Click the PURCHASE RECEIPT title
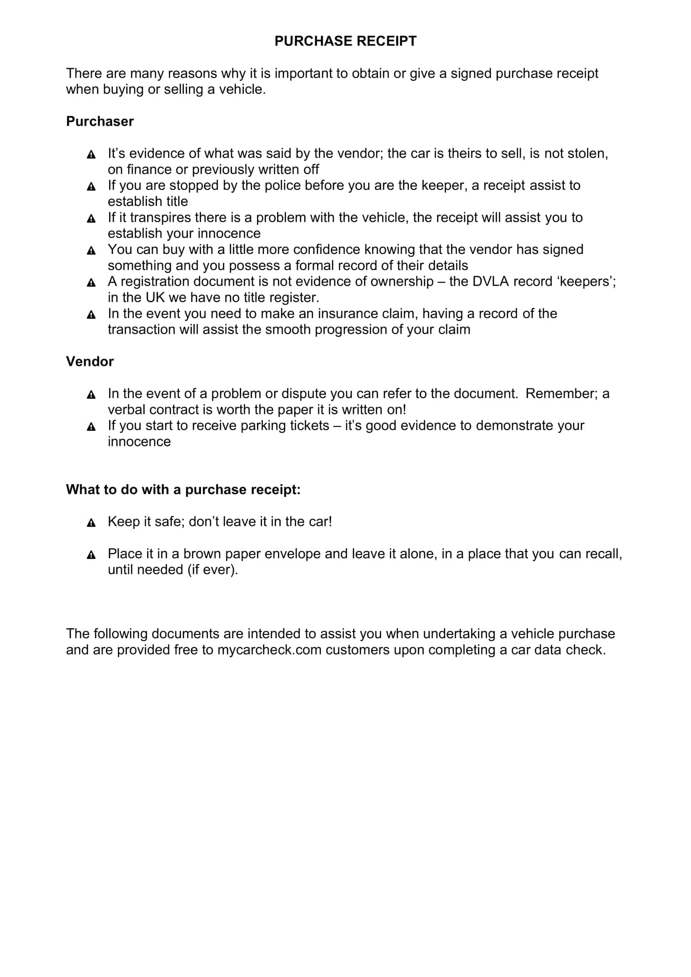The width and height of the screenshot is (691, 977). click(345, 41)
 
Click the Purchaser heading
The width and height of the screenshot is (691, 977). click(99, 121)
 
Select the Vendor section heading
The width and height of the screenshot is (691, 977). click(90, 361)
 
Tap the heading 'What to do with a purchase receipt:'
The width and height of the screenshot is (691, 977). click(183, 490)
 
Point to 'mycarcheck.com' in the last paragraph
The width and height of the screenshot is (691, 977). click(269, 650)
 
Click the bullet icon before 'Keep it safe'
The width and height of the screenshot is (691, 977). click(91, 523)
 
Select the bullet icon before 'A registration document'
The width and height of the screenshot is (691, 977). click(91, 282)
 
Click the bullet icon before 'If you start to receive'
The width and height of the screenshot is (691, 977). click(91, 426)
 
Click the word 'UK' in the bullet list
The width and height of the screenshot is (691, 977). click(155, 297)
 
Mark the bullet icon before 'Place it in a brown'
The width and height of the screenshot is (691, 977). click(91, 555)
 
